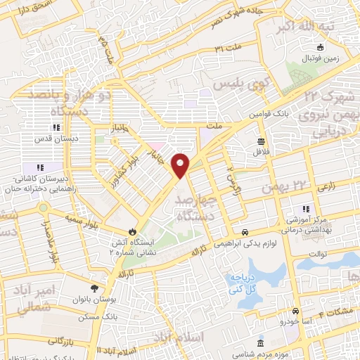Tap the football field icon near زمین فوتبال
pyautogui.click(x=321, y=48)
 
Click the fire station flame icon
pyautogui.click(x=131, y=231)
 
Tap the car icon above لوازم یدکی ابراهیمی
pyautogui.click(x=244, y=232)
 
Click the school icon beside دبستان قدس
pyautogui.click(x=56, y=127)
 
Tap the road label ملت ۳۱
pyautogui.click(x=229, y=48)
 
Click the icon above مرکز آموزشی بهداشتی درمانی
pyautogui.click(x=305, y=208)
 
